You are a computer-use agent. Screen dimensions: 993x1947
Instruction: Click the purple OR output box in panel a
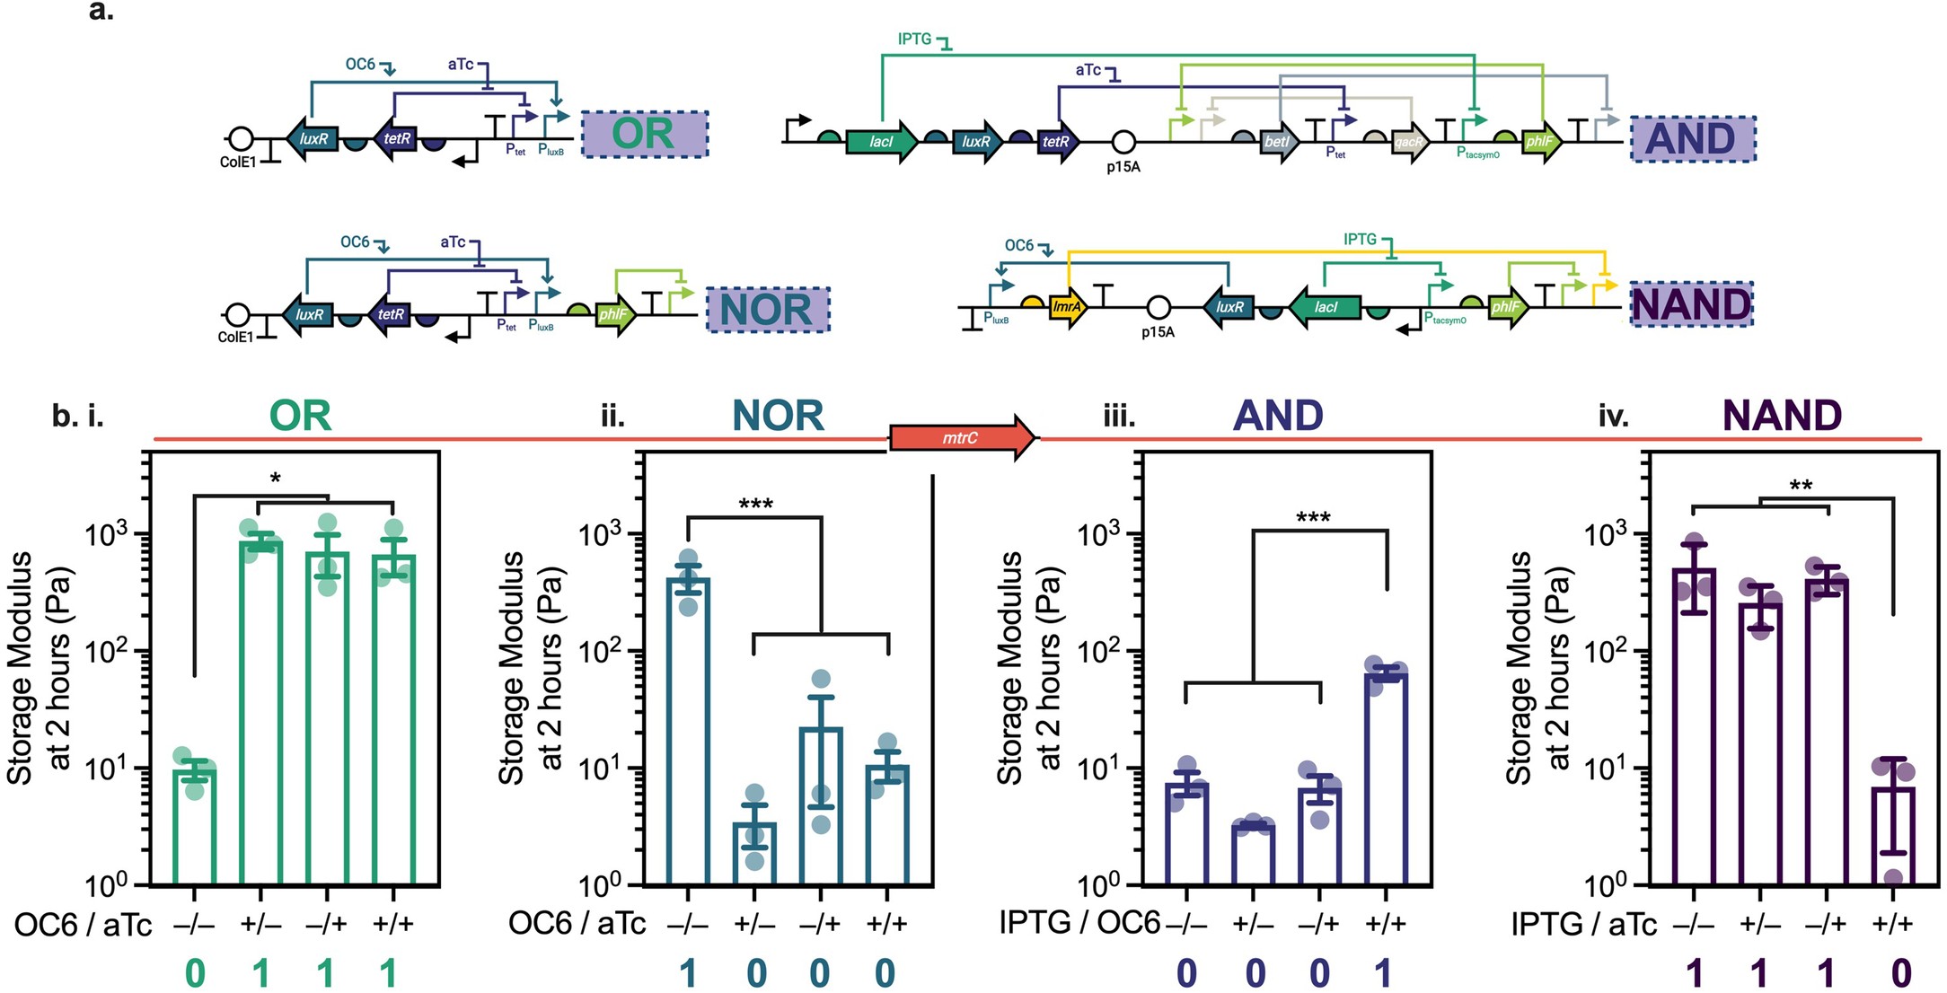pos(644,134)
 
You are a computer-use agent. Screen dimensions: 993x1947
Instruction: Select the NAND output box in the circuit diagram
pos(1691,304)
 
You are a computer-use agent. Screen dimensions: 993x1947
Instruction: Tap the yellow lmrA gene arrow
pos(1068,307)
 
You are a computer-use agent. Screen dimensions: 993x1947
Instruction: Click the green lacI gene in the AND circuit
pos(882,142)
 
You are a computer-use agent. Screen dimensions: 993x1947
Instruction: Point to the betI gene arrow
pos(1277,142)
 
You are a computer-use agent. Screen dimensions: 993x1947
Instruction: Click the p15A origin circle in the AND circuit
pos(1123,142)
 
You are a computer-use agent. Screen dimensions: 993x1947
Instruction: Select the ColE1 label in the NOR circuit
pos(235,338)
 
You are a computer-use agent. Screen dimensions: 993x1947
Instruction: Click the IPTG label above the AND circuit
pos(914,40)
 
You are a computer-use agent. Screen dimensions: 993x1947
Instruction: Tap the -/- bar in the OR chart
pos(195,826)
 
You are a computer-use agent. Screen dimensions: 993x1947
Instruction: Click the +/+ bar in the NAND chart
pos(1893,835)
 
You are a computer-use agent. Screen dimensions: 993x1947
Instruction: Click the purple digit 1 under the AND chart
pos(1384,973)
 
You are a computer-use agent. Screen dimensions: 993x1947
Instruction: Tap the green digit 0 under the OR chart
pos(195,973)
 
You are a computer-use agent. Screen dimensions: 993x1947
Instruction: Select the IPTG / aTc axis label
pos(1583,924)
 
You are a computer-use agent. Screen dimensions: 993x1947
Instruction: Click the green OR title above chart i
pos(301,416)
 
